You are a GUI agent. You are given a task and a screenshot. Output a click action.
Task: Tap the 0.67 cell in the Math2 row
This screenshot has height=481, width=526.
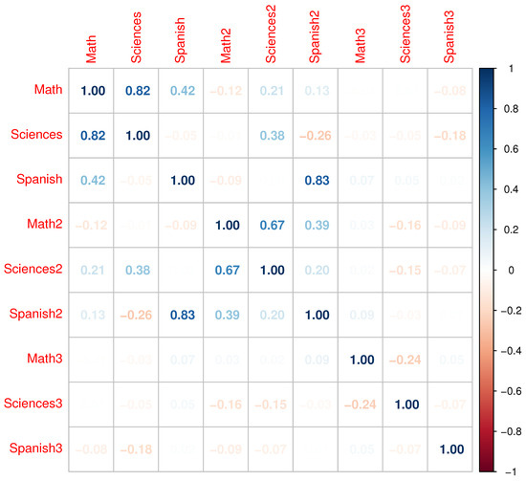click(272, 224)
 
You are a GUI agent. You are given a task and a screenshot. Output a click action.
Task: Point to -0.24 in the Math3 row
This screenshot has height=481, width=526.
click(406, 359)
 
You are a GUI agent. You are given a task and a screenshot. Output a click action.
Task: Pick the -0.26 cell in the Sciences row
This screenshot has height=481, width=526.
click(317, 135)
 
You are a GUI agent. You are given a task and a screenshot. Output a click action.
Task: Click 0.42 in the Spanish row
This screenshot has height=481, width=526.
click(92, 180)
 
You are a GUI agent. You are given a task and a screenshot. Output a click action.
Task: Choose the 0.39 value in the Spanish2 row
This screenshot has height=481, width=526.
click(227, 314)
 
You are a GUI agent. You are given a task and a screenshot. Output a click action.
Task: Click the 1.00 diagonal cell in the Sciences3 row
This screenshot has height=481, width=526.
click(406, 404)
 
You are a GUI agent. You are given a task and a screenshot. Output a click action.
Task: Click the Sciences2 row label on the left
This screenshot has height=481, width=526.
click(35, 269)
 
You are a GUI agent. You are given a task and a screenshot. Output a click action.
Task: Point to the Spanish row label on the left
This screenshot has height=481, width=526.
click(41, 180)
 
